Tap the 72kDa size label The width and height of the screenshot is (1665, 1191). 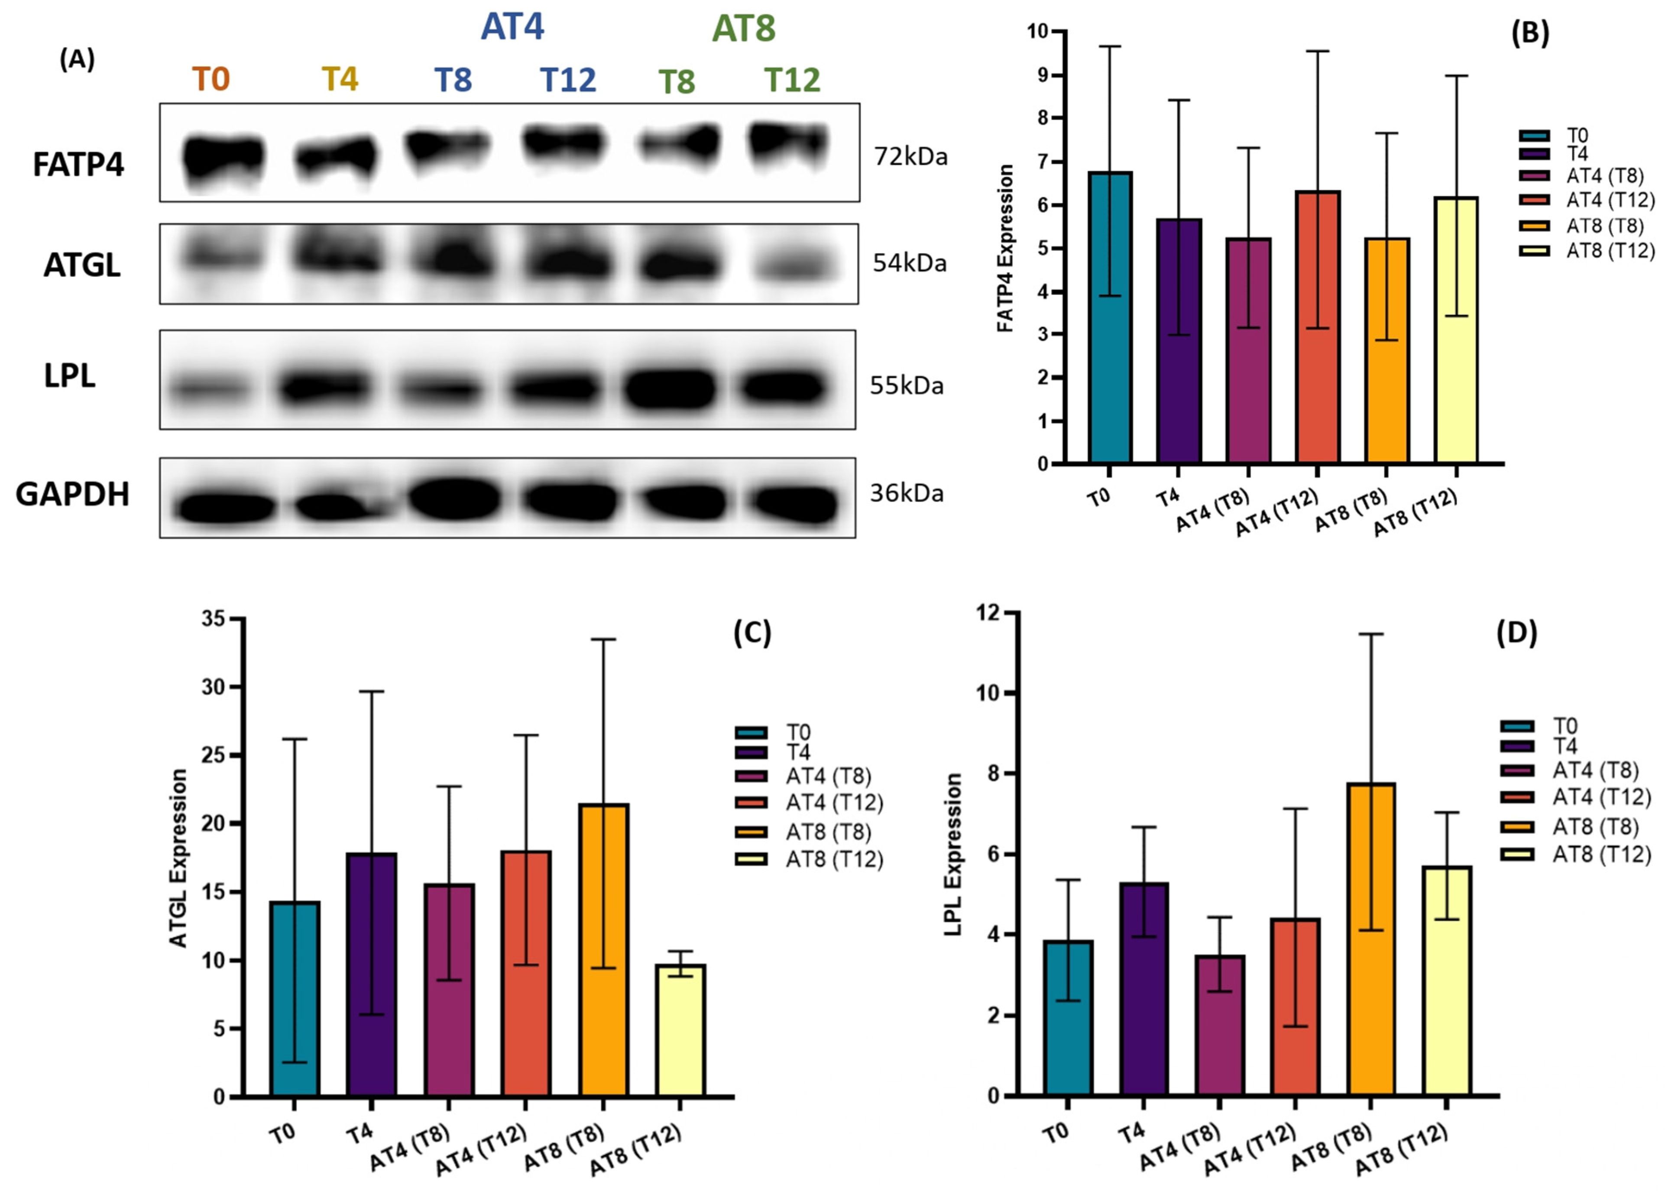910,157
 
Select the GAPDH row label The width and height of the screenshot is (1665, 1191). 73,494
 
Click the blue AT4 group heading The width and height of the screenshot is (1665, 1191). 512,27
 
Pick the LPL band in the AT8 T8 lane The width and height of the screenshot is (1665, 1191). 669,388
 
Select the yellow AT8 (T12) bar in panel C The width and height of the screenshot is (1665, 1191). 680,1030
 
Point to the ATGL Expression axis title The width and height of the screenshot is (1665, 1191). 179,858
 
